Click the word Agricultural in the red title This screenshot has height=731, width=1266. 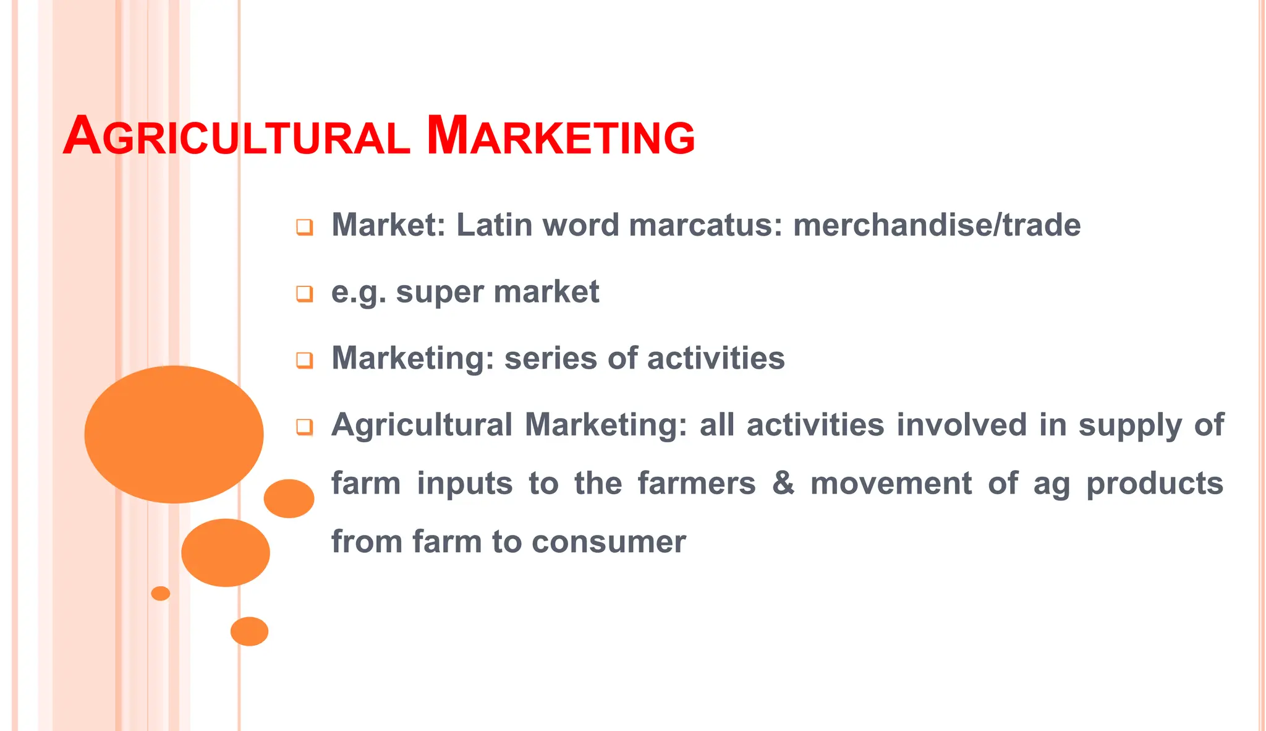pyautogui.click(x=236, y=137)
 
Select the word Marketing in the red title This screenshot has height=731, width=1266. pyautogui.click(x=561, y=137)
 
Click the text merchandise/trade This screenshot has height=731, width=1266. pyautogui.click(x=937, y=225)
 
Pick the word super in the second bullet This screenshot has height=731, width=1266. pyautogui.click(x=438, y=292)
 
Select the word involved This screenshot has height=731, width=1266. pyautogui.click(x=962, y=425)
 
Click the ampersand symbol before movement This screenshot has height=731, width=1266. pyautogui.click(x=783, y=483)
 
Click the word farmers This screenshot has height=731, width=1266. pyautogui.click(x=697, y=483)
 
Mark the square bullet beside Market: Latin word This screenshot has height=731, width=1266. pyautogui.click(x=304, y=227)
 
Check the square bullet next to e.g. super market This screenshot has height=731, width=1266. pyautogui.click(x=304, y=294)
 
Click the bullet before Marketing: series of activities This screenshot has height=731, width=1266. pyautogui.click(x=304, y=360)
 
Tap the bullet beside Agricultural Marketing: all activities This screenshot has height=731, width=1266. pyautogui.click(x=304, y=427)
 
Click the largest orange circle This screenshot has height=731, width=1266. pyautogui.click(x=174, y=434)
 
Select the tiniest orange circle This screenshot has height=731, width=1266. pyautogui.click(x=161, y=593)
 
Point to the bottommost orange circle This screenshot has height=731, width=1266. pyautogui.click(x=249, y=631)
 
